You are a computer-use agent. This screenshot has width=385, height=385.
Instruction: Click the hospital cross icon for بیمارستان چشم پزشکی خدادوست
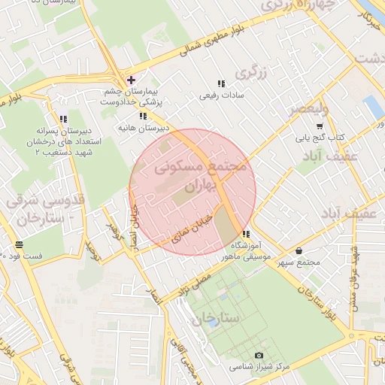coord(131,79)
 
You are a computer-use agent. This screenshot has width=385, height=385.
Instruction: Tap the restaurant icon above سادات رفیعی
coord(220,83)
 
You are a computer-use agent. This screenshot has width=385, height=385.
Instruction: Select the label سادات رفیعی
coord(218,95)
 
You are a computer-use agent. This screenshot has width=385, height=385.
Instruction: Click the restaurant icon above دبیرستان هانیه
coord(143,116)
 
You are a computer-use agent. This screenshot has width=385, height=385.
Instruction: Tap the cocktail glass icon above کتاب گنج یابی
coord(320,125)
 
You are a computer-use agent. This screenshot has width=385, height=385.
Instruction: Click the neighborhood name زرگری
coord(251,73)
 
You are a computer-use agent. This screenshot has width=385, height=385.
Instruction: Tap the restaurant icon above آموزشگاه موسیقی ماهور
coord(246,234)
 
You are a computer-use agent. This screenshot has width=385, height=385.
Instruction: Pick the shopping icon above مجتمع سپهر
coord(299,250)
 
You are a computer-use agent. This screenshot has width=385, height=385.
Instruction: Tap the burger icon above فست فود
coord(19,244)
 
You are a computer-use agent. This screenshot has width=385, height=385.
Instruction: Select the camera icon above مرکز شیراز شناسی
coord(259,355)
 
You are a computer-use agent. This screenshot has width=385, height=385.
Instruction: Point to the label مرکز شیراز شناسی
coord(259,366)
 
